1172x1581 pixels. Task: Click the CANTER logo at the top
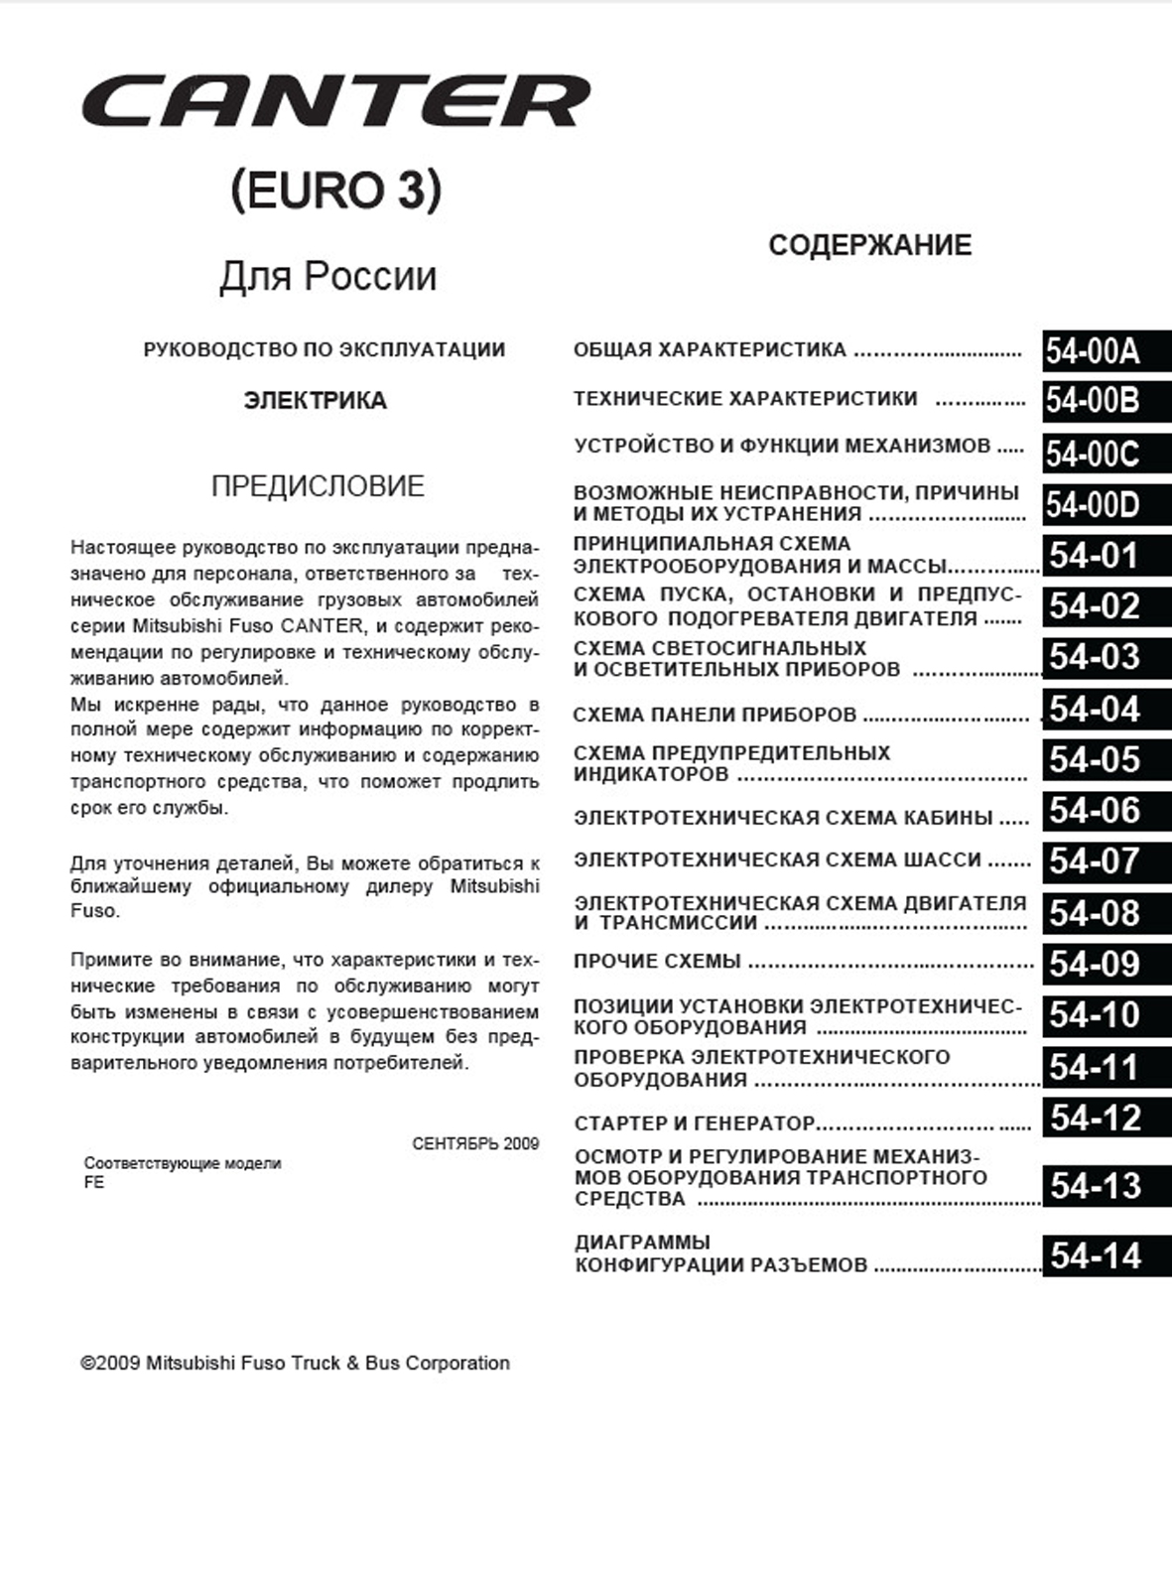pyautogui.click(x=335, y=101)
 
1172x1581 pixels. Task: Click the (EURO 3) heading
pyautogui.click(x=335, y=190)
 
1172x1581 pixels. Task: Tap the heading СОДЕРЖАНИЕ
pyautogui.click(x=869, y=245)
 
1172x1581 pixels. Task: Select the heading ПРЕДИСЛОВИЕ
pyautogui.click(x=318, y=485)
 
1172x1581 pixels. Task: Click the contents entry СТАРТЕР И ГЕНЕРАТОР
pyautogui.click(x=694, y=1123)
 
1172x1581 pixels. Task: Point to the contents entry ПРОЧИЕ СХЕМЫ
pyautogui.click(x=657, y=961)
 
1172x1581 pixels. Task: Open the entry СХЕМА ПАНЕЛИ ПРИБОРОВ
pyautogui.click(x=715, y=715)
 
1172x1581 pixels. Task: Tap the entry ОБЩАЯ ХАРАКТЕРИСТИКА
pyautogui.click(x=710, y=349)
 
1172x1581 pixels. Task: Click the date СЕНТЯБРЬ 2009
pyautogui.click(x=475, y=1143)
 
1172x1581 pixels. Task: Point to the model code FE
pyautogui.click(x=94, y=1183)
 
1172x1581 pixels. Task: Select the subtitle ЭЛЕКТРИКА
pyautogui.click(x=316, y=401)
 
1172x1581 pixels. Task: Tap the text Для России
pyautogui.click(x=327, y=276)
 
